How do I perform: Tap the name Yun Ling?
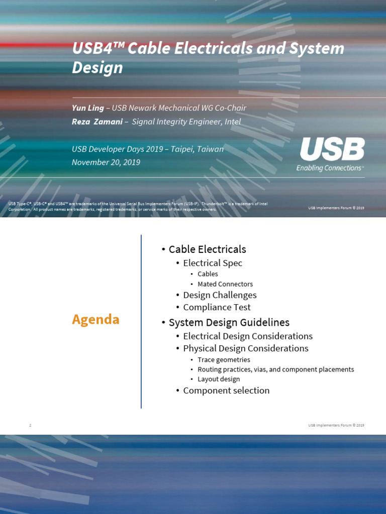pyautogui.click(x=88, y=108)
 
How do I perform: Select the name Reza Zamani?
pyautogui.click(x=98, y=121)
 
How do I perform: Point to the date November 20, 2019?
pyautogui.click(x=106, y=162)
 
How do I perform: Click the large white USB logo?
pyautogui.click(x=332, y=150)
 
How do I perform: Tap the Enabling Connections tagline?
pyautogui.click(x=330, y=168)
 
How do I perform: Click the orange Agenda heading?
pyautogui.click(x=95, y=319)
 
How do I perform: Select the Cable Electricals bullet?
pyautogui.click(x=207, y=249)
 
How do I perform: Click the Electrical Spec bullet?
pyautogui.click(x=213, y=263)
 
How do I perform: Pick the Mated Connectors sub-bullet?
pyautogui.click(x=225, y=284)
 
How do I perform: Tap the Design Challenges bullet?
pyautogui.click(x=220, y=295)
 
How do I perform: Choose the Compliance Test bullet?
pyautogui.click(x=217, y=307)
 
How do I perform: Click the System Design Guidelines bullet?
pyautogui.click(x=229, y=323)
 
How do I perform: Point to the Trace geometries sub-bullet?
pyautogui.click(x=224, y=360)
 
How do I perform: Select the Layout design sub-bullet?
pyautogui.click(x=219, y=379)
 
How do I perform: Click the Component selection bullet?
pyautogui.click(x=226, y=391)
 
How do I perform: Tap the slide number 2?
pyautogui.click(x=30, y=426)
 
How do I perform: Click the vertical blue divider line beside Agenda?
pyautogui.click(x=141, y=321)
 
